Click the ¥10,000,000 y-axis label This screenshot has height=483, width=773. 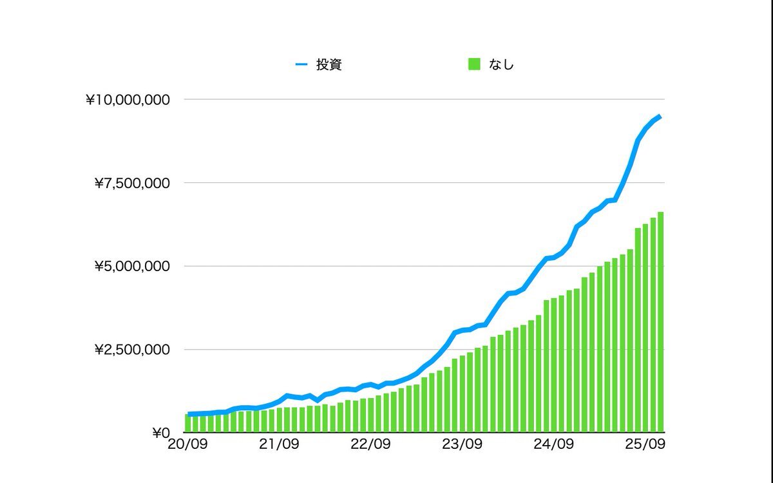128,100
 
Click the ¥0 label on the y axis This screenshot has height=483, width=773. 160,433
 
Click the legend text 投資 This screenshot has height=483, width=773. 329,64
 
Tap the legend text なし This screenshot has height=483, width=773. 502,64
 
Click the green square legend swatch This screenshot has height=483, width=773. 474,64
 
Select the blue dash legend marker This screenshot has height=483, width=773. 301,64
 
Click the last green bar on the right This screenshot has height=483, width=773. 660,322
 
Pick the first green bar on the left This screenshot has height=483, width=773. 187,423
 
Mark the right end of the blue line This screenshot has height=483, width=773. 660,117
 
